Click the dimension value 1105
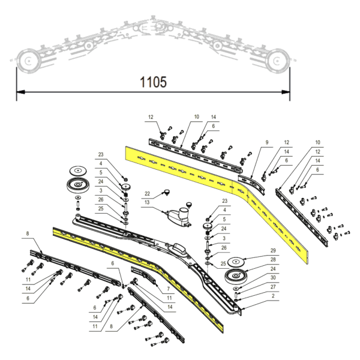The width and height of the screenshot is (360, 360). pos(153,82)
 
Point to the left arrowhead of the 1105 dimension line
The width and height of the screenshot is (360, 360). pos(20,92)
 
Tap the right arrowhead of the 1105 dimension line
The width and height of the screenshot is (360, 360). pos(286,92)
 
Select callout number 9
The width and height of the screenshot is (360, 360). pos(267,142)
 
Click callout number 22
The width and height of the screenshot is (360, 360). pos(147,194)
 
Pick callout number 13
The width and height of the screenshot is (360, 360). pos(147,202)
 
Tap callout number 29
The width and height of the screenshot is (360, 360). pos(273,250)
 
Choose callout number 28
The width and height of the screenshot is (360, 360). pos(273,259)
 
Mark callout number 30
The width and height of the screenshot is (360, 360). pos(273,278)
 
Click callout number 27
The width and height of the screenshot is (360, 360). pos(273,287)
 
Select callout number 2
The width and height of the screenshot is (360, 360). pos(273,296)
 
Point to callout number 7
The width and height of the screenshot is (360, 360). pos(168,289)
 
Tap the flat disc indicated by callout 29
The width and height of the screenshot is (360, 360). pos(236,262)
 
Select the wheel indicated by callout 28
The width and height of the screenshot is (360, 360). pos(236,276)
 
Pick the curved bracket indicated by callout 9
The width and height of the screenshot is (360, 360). pos(251,182)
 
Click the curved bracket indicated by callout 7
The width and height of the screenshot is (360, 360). pos(144,275)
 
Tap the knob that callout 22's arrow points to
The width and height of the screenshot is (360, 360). pos(167,192)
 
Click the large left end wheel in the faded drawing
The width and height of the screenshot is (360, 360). pos(28,61)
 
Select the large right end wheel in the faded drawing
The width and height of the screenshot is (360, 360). pos(277,61)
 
